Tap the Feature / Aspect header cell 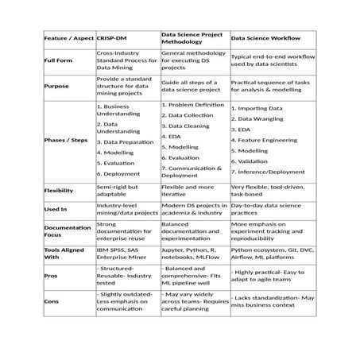point(68,38)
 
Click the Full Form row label point(58,60)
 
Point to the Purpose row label point(56,86)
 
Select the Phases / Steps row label point(66,138)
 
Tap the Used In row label point(56,210)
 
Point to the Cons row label point(52,301)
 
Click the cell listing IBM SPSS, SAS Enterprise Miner point(123,254)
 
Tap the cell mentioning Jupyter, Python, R point(193,254)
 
